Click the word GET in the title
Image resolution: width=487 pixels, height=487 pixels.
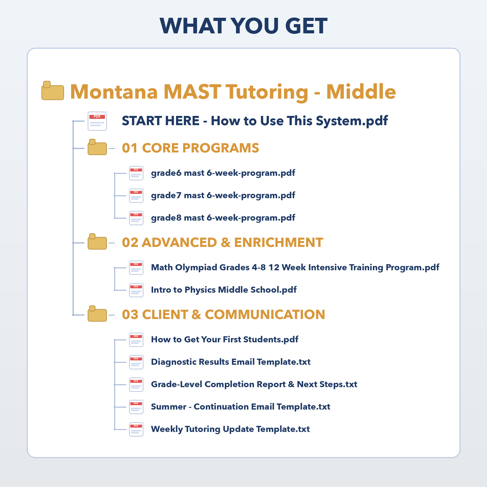tap(306, 26)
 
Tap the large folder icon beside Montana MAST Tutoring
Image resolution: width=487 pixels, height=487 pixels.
tap(53, 91)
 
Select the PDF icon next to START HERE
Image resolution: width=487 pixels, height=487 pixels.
tap(97, 121)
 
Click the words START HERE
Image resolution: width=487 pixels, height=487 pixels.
tap(160, 121)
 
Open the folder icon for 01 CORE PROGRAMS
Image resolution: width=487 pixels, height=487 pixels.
tap(97, 147)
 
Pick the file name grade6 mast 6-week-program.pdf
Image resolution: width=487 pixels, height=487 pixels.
tap(223, 173)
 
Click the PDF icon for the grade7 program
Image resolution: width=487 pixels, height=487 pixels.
tap(136, 196)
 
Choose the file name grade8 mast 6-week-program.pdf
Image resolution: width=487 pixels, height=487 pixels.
tap(223, 218)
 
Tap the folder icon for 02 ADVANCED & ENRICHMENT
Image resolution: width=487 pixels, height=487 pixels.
tap(97, 242)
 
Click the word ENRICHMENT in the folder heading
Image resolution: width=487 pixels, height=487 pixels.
tap(279, 243)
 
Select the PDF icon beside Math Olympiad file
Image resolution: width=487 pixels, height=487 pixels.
tap(136, 268)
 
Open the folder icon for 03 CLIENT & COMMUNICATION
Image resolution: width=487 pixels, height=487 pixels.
tap(97, 314)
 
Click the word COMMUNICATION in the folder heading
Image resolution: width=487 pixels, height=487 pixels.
tap(265, 315)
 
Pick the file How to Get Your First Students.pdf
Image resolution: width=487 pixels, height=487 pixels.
tap(225, 340)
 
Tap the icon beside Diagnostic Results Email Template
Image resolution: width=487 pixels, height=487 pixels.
tap(136, 362)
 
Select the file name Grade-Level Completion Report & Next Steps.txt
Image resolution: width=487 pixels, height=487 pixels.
tap(254, 384)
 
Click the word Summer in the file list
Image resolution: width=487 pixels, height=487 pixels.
tap(169, 407)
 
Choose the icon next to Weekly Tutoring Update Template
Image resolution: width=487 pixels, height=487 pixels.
tap(136, 429)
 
